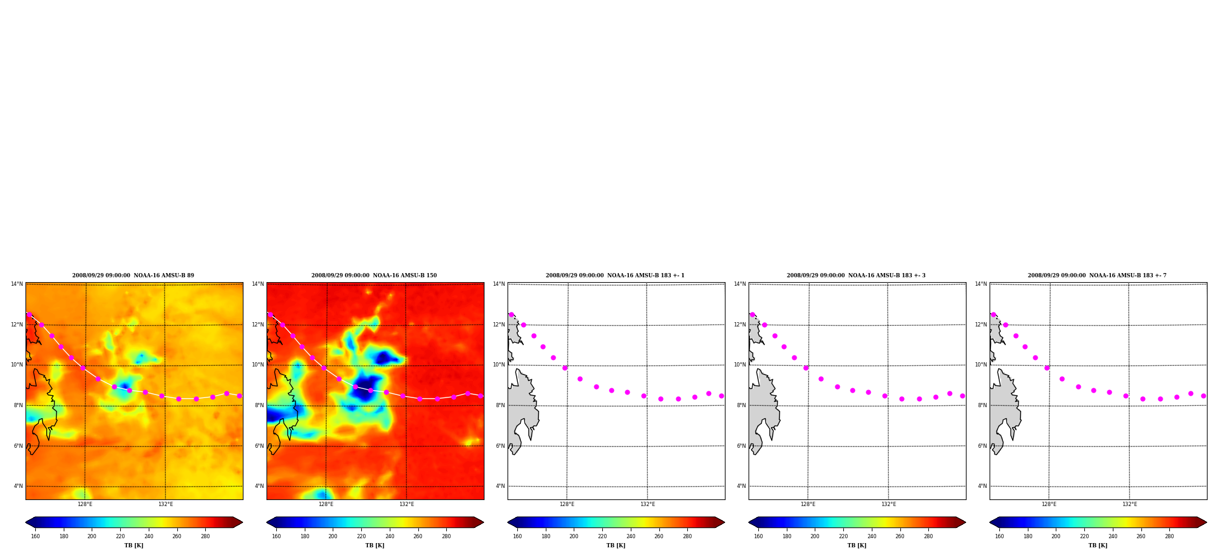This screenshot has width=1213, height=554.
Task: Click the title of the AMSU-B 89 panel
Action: click(133, 275)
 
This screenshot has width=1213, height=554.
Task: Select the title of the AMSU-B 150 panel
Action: click(374, 275)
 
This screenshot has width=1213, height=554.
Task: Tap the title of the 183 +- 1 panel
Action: click(615, 275)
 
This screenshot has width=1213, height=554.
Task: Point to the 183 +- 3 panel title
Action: click(856, 275)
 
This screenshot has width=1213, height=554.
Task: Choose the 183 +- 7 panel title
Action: click(1097, 275)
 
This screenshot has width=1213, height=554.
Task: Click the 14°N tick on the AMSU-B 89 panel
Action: click(16, 284)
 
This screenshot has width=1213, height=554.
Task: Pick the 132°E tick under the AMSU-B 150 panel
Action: click(407, 504)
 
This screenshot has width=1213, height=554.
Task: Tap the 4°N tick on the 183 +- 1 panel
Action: click(500, 486)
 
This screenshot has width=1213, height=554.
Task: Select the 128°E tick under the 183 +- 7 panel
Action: click(1049, 504)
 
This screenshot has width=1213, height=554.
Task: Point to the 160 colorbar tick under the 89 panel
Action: click(35, 536)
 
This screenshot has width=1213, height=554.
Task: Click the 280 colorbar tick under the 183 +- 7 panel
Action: click(1169, 536)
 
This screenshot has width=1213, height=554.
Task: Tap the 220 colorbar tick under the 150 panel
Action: click(361, 536)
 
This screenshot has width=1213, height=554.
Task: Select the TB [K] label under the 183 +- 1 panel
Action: click(616, 546)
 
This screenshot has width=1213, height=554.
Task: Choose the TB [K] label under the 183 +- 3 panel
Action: click(857, 546)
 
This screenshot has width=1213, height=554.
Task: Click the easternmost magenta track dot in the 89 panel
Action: click(239, 396)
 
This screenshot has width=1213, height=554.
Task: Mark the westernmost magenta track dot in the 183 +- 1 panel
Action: click(511, 314)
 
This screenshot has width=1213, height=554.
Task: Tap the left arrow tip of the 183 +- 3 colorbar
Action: click(749, 522)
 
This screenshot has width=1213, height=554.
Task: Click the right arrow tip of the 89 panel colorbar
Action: click(243, 522)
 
